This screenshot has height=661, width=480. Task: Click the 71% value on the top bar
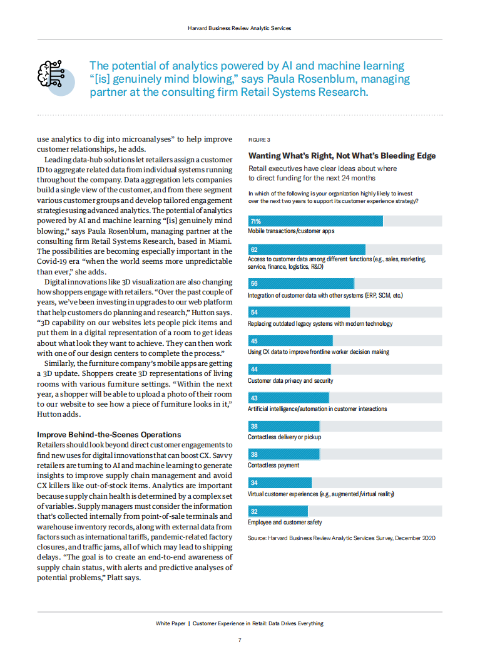[255, 221]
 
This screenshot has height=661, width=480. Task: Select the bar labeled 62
[307, 249]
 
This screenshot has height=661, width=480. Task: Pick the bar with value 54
[299, 312]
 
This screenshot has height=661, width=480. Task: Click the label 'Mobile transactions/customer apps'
[291, 231]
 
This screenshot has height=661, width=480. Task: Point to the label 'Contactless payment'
[273, 466]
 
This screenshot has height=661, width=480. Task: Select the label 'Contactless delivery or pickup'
[284, 437]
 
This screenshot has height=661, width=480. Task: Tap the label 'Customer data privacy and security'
[290, 380]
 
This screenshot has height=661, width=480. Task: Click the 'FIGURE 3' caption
[259, 139]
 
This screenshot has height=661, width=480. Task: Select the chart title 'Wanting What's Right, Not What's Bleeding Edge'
[342, 156]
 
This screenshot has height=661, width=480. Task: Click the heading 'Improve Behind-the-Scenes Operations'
[109, 434]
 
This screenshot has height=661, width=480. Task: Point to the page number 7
[240, 640]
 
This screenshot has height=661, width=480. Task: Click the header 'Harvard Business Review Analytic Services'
[240, 28]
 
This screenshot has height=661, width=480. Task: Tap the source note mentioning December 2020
[342, 538]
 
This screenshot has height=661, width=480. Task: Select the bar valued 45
[289, 341]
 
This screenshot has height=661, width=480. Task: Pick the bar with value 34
[280, 483]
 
